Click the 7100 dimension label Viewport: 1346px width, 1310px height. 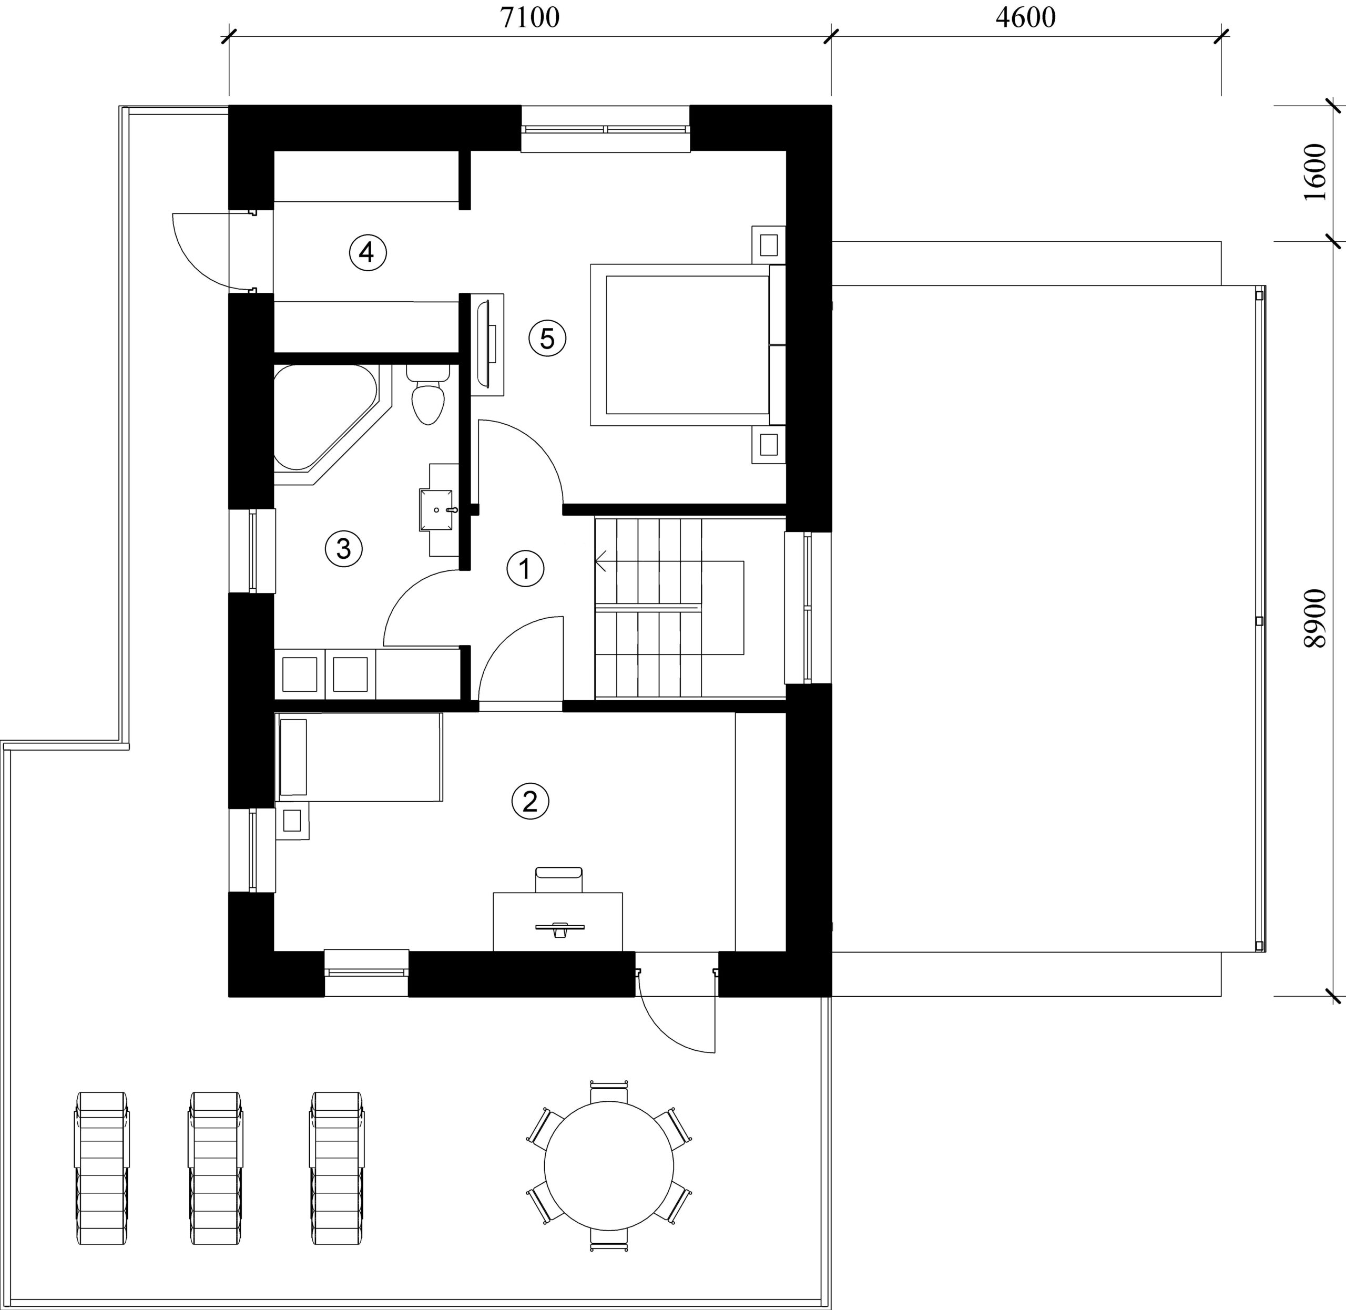click(x=530, y=18)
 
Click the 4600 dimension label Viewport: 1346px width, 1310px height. click(x=1025, y=18)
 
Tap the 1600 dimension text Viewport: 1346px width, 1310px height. click(x=1314, y=172)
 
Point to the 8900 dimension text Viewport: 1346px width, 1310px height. click(x=1314, y=618)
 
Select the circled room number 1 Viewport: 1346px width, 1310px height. click(x=525, y=568)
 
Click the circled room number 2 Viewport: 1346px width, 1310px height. click(x=530, y=801)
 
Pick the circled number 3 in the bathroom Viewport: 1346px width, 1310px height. click(x=343, y=548)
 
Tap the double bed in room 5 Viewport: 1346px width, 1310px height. click(x=687, y=344)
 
